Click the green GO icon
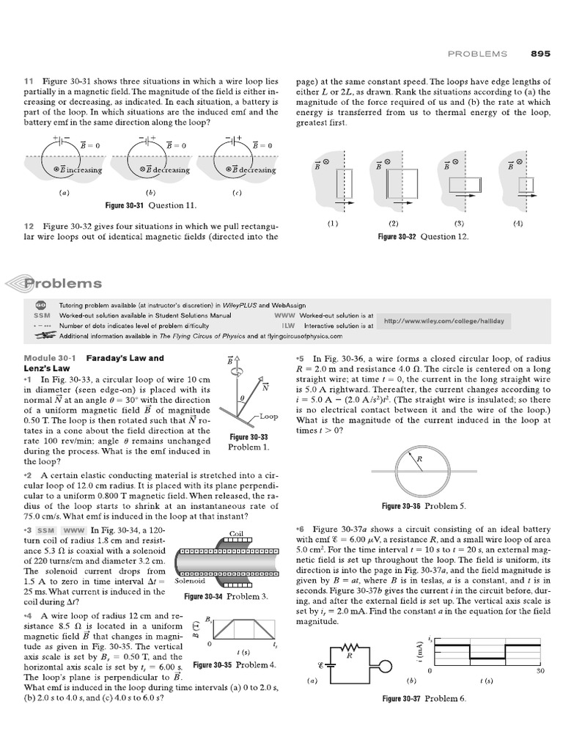(x=40, y=305)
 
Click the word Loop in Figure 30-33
(x=268, y=416)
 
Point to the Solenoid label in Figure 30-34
(x=190, y=582)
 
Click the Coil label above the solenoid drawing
(x=236, y=533)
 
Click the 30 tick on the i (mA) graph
(x=540, y=671)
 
